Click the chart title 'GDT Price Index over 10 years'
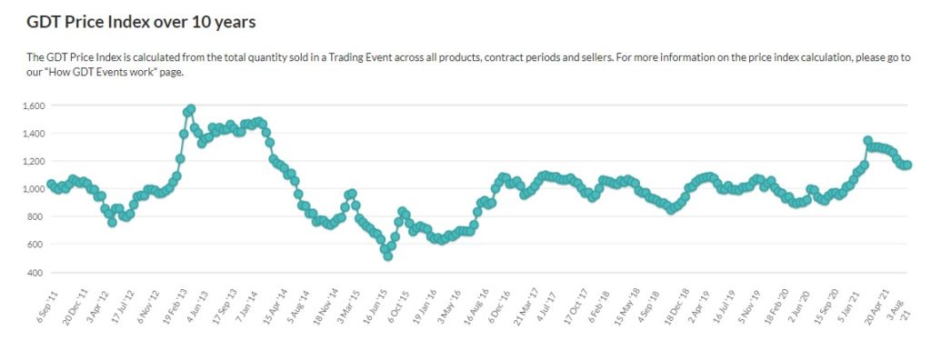pos(142,21)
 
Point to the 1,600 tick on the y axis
pos(33,106)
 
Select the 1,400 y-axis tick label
pos(33,134)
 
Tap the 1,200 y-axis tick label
pos(33,162)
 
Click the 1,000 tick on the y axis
pos(33,189)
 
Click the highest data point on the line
pos(190,109)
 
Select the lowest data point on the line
pos(388,256)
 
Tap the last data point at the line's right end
pos(907,165)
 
